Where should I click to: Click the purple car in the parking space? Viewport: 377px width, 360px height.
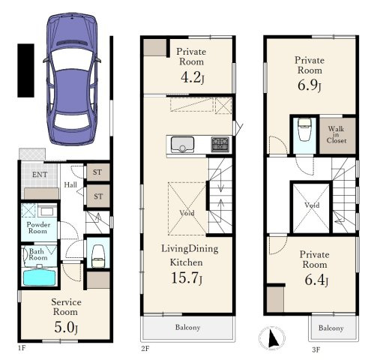(72, 79)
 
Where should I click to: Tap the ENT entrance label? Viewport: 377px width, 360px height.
(40, 175)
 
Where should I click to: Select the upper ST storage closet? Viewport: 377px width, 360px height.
(97, 172)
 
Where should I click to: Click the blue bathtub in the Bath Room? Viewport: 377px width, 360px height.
(39, 277)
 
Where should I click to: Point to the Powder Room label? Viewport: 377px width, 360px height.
(38, 227)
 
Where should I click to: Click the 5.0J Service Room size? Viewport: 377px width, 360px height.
(66, 327)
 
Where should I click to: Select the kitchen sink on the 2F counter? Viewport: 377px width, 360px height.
(182, 145)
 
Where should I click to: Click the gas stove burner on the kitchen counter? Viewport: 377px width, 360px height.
(220, 144)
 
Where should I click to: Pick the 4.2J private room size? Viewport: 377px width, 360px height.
(193, 78)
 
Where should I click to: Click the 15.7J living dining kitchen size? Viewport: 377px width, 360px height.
(187, 277)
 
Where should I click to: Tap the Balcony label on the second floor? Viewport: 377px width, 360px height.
(187, 327)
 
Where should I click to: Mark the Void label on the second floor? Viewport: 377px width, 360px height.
(187, 213)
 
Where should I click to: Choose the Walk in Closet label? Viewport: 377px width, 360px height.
(337, 135)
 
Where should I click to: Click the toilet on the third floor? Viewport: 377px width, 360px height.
(305, 130)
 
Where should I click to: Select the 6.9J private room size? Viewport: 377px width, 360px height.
(310, 85)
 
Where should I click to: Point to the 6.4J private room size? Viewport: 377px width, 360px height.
(316, 280)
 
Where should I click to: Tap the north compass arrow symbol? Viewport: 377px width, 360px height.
(273, 338)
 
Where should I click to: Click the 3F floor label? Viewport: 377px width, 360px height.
(316, 349)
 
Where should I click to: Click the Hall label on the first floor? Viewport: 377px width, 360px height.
(70, 185)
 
